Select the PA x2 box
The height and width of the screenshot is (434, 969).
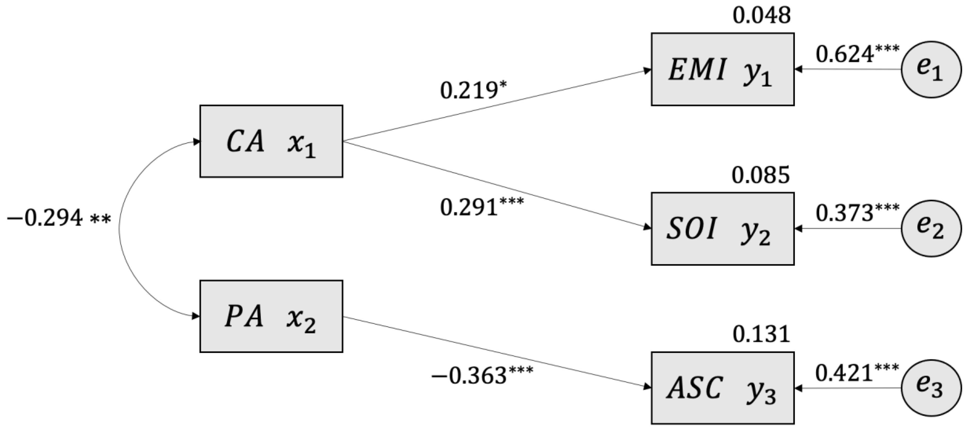point(271,316)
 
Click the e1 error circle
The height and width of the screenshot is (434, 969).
point(931,70)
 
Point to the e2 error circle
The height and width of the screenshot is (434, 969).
point(931,228)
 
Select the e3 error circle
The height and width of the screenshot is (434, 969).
point(931,388)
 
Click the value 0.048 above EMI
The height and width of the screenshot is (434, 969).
point(761,16)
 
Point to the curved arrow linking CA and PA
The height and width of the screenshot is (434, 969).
point(120,229)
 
